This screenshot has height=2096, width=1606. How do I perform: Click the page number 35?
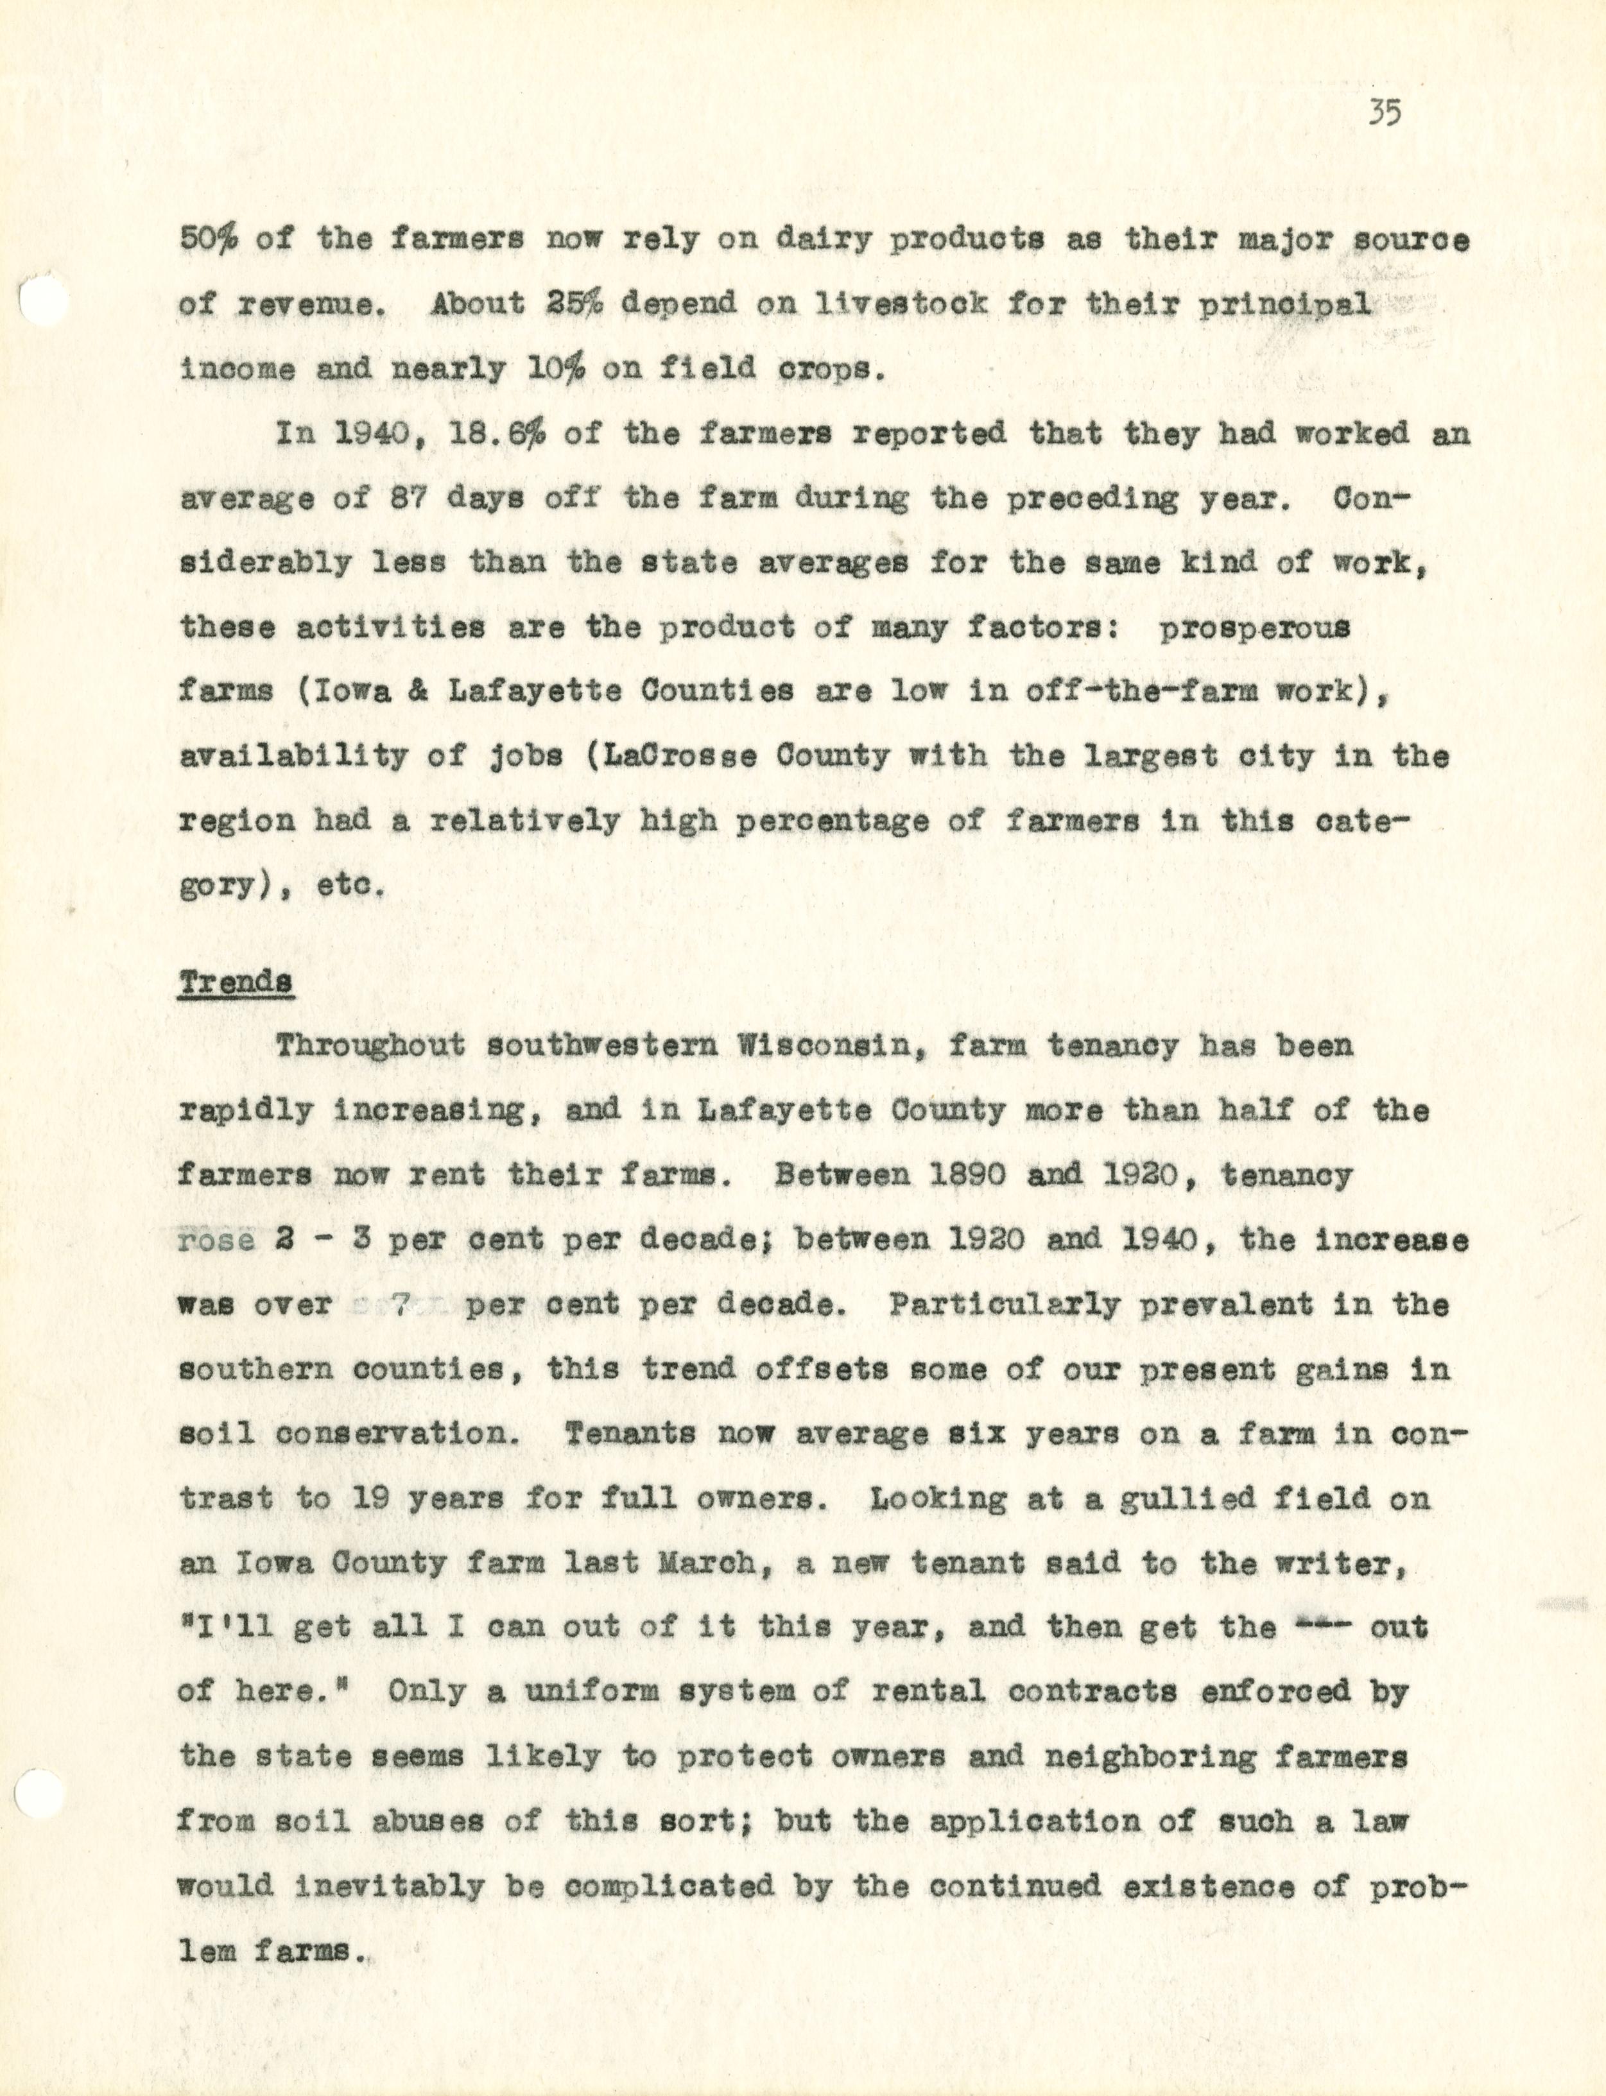[x=1384, y=114]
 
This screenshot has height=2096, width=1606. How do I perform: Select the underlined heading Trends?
[x=235, y=981]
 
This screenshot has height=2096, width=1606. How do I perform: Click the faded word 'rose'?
[x=217, y=1240]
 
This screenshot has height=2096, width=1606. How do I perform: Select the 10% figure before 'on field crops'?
[x=555, y=369]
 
